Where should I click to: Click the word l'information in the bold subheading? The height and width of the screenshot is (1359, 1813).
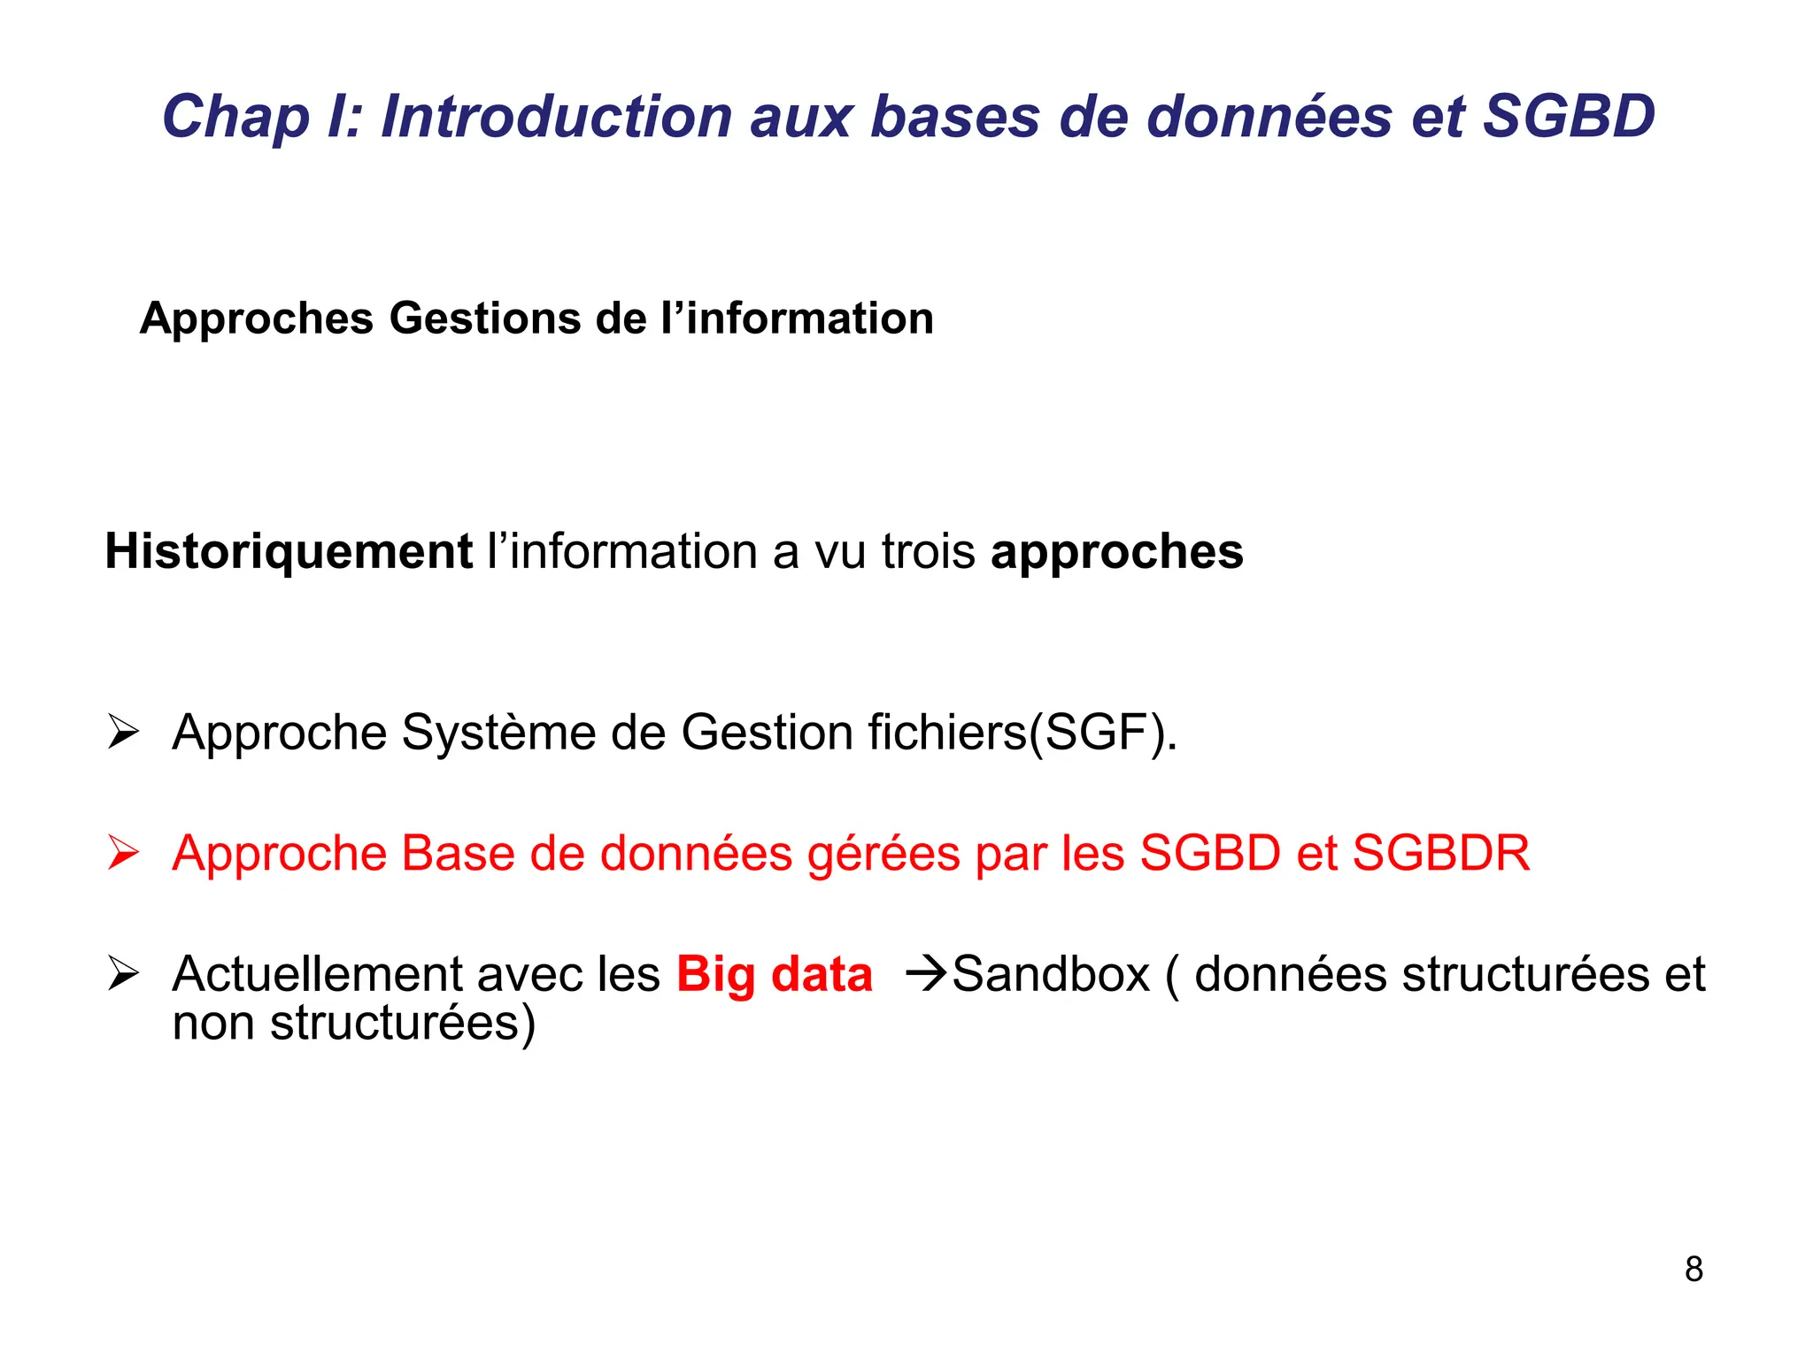[x=797, y=319]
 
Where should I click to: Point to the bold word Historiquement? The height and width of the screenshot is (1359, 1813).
[x=289, y=552]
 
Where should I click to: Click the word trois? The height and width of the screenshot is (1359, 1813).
[x=928, y=552]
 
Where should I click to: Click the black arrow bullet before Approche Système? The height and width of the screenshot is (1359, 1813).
[x=123, y=733]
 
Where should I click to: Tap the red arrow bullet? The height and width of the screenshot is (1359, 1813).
[x=123, y=853]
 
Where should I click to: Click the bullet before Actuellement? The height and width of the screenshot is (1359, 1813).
[x=123, y=973]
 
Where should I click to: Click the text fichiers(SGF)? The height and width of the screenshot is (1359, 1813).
[x=1022, y=733]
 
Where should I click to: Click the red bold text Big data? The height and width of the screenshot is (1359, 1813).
[x=774, y=975]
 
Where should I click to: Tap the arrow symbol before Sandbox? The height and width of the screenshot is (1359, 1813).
[x=926, y=974]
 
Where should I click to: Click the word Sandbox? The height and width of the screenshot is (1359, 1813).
[x=1051, y=975]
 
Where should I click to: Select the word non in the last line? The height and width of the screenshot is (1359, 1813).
[x=212, y=1024]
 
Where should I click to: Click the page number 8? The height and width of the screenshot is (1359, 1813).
[x=1693, y=1269]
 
